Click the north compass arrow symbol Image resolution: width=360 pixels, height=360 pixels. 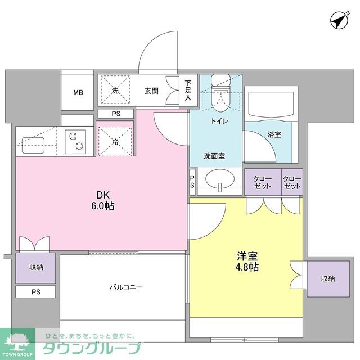click(x=337, y=21)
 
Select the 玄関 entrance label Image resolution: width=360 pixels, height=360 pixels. click(x=151, y=90)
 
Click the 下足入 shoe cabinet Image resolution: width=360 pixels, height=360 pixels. click(x=188, y=90)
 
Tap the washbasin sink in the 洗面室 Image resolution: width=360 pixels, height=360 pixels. click(x=219, y=181)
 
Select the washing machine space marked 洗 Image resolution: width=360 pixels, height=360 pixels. click(x=115, y=90)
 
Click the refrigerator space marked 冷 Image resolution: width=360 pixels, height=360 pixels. click(x=115, y=142)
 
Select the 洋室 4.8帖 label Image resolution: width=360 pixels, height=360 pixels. click(x=246, y=262)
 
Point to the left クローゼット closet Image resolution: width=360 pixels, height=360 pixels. click(x=262, y=183)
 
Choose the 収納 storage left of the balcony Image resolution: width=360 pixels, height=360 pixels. click(x=36, y=268)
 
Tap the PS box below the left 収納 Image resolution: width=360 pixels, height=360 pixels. click(x=36, y=292)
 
